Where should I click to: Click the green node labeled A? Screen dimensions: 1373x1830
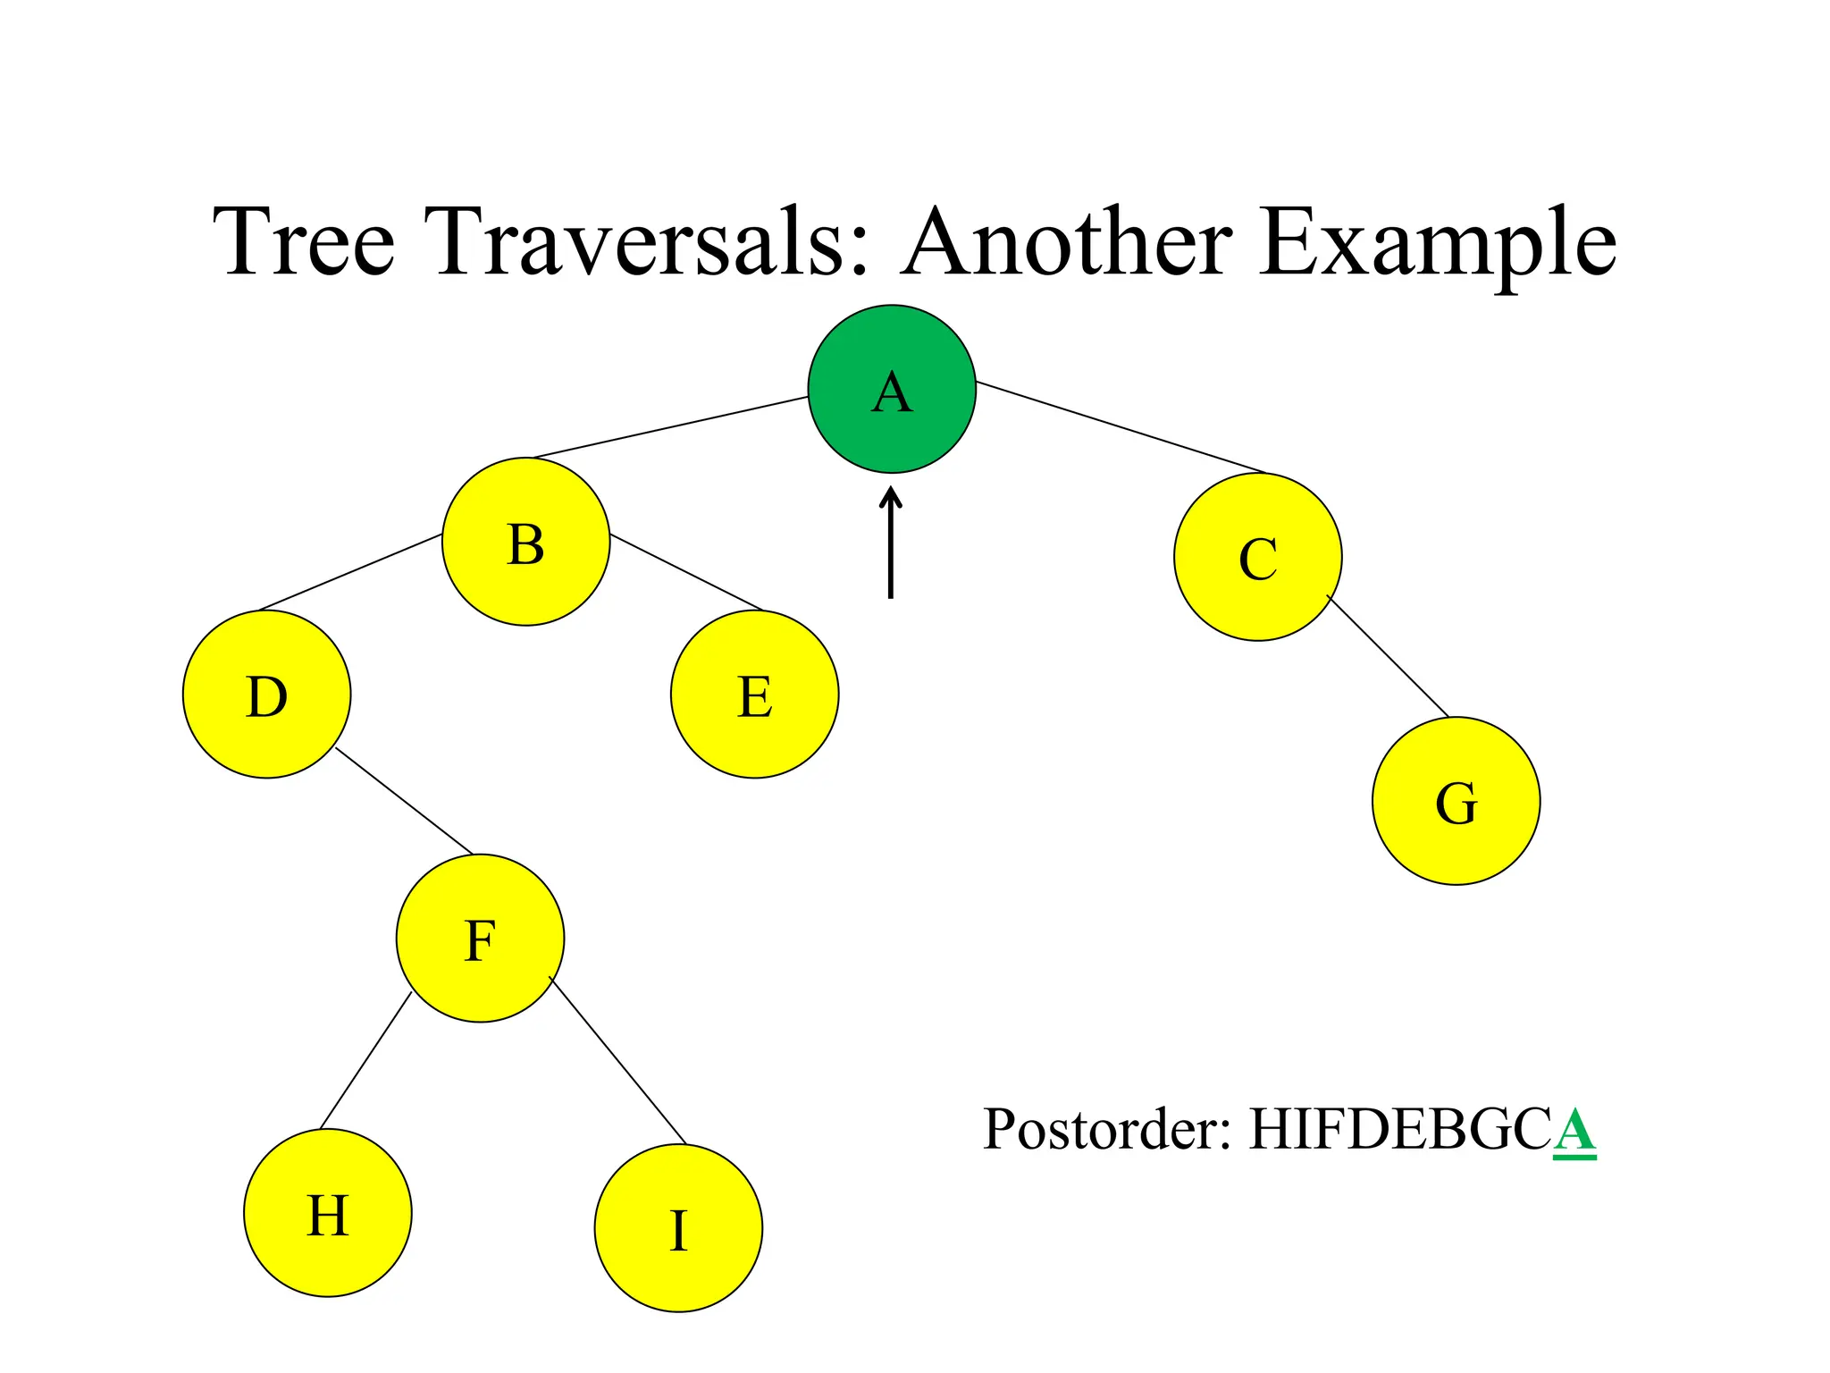892,389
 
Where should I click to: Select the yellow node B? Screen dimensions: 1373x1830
525,542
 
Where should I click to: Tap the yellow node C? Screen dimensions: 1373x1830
1257,557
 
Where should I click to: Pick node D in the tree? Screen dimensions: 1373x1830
266,695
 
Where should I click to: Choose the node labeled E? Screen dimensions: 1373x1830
754,695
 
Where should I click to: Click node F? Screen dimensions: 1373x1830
480,939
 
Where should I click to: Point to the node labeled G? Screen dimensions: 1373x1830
1456,801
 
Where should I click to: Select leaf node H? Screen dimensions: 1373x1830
327,1213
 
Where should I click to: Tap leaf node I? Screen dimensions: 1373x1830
678,1228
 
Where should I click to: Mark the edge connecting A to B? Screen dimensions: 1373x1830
670,427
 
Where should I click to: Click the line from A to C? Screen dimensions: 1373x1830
1121,427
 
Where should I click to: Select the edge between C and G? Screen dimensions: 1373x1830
1388,656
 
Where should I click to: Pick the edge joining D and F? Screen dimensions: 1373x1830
404,801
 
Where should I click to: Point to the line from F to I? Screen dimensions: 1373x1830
617,1061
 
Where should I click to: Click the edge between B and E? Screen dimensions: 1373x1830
686,572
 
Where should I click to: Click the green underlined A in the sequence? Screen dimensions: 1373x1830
1574,1131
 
